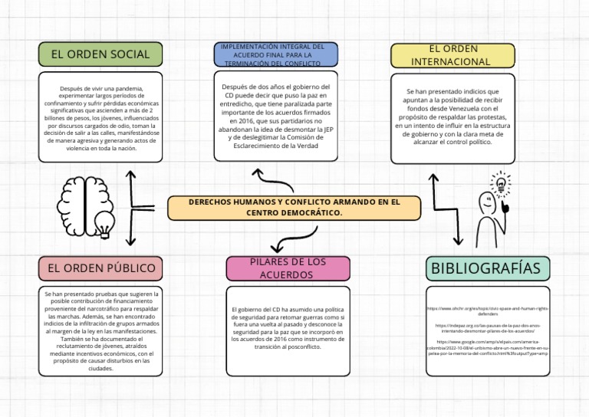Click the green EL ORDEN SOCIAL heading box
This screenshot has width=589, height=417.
(100, 54)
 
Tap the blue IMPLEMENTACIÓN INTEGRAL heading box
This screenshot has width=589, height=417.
(275, 54)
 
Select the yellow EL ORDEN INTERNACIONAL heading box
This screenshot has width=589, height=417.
(450, 55)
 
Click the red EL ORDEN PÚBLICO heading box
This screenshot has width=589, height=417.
(100, 268)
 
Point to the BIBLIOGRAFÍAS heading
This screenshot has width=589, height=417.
(487, 268)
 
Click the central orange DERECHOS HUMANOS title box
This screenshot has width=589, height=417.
(294, 207)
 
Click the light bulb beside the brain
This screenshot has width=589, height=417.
(102, 223)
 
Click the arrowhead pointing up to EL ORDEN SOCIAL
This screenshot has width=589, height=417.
(131, 176)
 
